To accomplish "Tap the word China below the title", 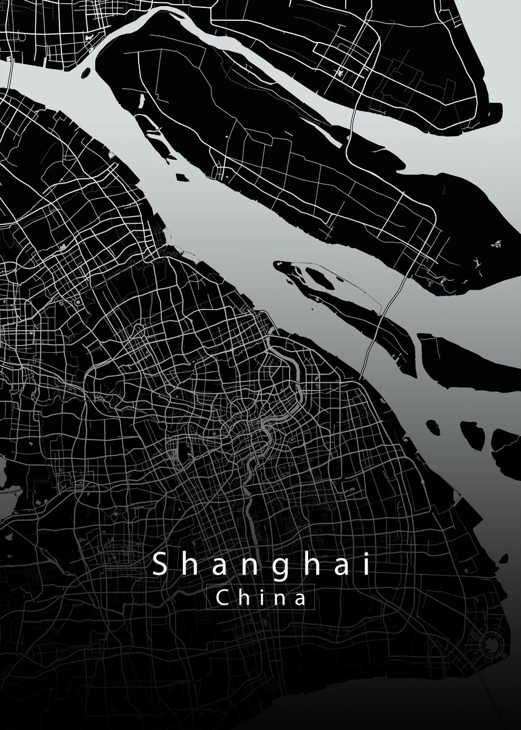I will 261,598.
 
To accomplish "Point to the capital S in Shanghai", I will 159,565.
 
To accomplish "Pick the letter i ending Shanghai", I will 366,565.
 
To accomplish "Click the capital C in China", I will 223,598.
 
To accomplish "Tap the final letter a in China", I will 299,599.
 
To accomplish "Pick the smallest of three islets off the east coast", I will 433,427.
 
